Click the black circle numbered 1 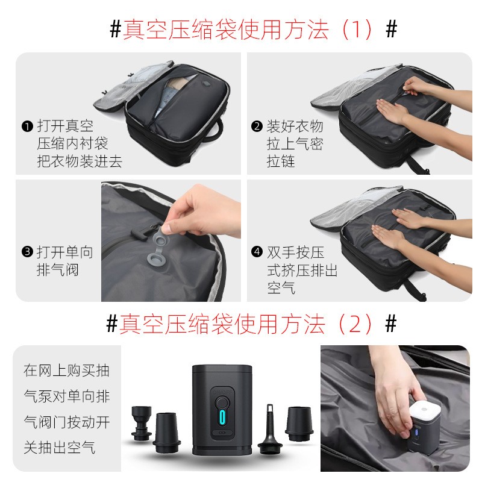pos(27,127)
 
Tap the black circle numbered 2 pos(257,127)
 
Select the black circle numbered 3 pos(27,252)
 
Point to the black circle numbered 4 pos(257,252)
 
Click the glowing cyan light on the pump pos(222,418)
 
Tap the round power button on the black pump pos(222,402)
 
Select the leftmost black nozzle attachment pos(142,423)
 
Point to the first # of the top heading pos(116,29)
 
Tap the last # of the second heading pos(391,324)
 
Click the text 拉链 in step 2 pos(281,161)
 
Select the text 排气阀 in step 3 pos(57,270)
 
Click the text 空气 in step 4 pos(281,288)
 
